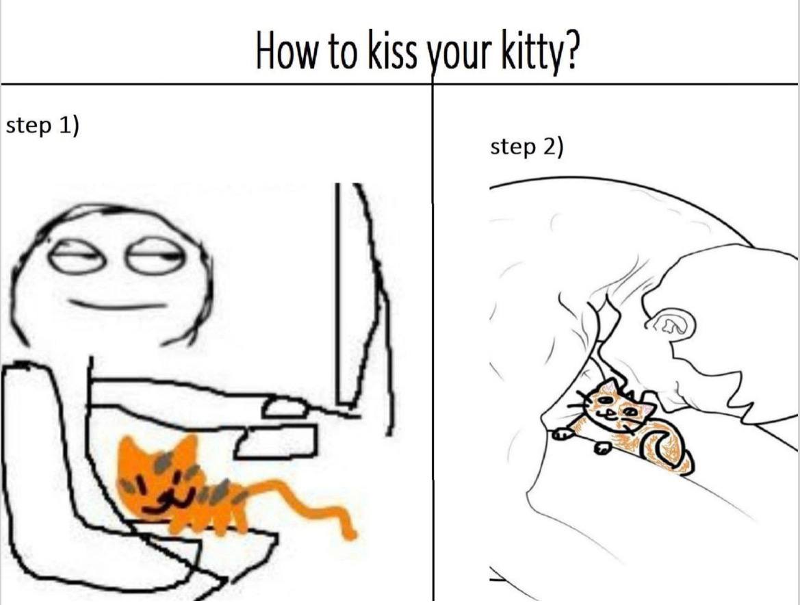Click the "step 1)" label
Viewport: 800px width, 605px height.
(43, 125)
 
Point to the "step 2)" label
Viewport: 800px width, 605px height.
(527, 147)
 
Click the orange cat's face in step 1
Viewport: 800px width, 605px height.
(158, 480)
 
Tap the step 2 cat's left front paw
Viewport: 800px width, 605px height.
(564, 434)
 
